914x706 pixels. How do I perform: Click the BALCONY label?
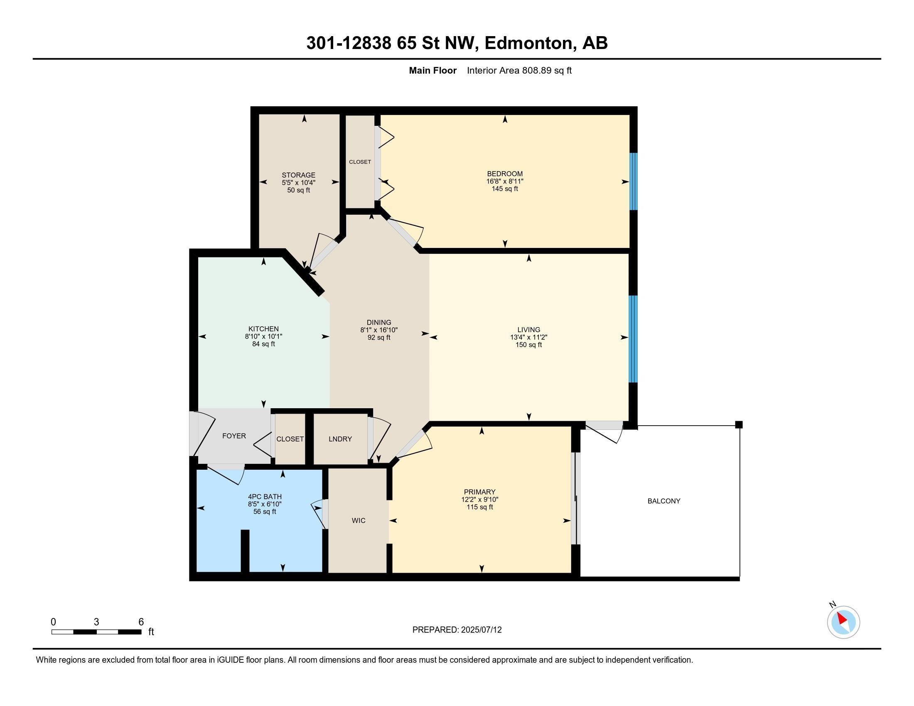tap(664, 501)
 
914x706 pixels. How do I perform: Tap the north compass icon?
tap(843, 622)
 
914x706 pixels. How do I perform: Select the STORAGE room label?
tap(298, 175)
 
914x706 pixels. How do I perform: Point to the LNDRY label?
tap(340, 439)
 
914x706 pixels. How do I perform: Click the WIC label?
tap(359, 520)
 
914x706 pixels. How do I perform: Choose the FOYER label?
tap(234, 436)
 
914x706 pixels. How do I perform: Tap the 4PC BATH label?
tap(265, 497)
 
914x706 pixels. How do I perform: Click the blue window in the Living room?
tap(634, 339)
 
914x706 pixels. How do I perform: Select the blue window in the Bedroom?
tap(634, 181)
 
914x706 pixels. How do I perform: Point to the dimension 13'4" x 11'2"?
tap(528, 337)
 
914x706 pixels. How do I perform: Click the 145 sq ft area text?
tap(505, 189)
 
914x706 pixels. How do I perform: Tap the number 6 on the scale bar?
tap(141, 622)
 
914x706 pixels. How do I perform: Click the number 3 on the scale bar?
tap(96, 622)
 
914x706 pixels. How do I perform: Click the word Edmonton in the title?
tap(528, 43)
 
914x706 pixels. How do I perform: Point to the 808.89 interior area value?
tap(536, 70)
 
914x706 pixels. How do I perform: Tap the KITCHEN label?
tap(264, 329)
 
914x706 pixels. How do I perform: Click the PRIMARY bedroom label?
tap(479, 492)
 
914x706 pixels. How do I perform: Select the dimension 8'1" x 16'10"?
tap(379, 330)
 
